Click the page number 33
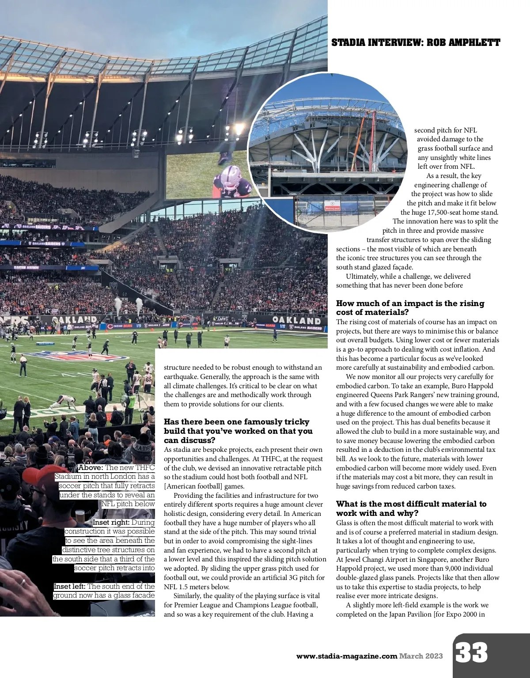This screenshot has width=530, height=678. tap(471, 653)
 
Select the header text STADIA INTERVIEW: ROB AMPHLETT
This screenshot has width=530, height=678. tap(416, 43)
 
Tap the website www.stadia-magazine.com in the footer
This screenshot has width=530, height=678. tap(347, 656)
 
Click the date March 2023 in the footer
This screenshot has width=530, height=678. tap(421, 656)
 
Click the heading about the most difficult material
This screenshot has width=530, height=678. tap(411, 508)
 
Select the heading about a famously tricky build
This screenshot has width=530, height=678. tap(238, 431)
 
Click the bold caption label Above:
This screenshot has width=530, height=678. tap(91, 468)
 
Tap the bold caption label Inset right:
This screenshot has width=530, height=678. tap(111, 523)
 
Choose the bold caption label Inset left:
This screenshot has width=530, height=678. tap(70, 587)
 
